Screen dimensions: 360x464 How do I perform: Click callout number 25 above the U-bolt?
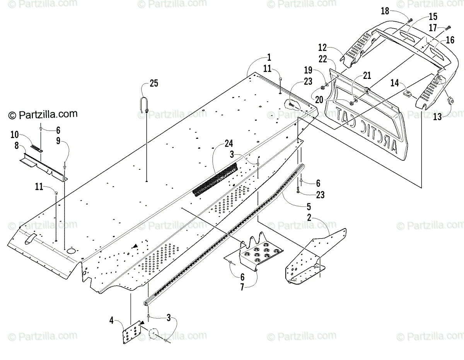pos(154,83)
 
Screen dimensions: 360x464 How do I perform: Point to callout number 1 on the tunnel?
pos(269,58)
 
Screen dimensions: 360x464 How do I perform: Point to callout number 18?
pos(385,11)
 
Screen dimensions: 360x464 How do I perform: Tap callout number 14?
pos(394,82)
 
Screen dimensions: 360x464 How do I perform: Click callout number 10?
pos(15,135)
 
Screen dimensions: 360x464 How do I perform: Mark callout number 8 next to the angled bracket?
pos(17,146)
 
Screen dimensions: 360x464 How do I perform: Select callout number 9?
pos(58,141)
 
